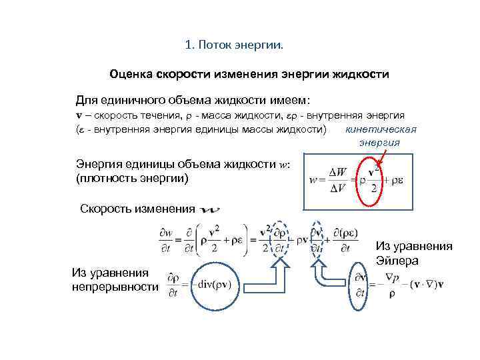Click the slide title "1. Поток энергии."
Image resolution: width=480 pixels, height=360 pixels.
click(x=233, y=45)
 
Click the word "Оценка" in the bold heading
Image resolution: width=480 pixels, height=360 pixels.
click(x=132, y=74)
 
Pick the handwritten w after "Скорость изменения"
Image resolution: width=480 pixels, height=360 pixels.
click(x=209, y=209)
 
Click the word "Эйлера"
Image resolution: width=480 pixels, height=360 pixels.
click(x=397, y=260)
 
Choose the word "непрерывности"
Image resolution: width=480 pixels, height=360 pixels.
click(x=115, y=286)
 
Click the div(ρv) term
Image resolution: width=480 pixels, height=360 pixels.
click(x=214, y=280)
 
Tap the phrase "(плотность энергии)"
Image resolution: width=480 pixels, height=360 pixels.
click(x=133, y=178)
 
